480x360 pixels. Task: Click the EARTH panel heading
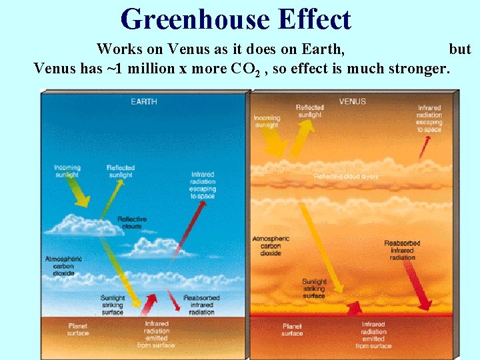click(144, 102)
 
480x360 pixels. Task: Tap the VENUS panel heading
click(352, 102)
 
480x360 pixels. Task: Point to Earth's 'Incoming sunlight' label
click(67, 171)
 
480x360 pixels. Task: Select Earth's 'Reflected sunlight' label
click(121, 171)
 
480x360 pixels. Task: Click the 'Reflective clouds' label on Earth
click(132, 223)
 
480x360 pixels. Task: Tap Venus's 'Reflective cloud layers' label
click(346, 177)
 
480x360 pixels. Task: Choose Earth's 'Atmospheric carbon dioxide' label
click(63, 265)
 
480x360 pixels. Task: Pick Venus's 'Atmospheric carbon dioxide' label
click(271, 245)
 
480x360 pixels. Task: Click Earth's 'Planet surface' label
click(78, 329)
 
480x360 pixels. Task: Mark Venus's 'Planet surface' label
click(292, 329)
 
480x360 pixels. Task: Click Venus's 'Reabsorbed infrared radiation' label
click(402, 250)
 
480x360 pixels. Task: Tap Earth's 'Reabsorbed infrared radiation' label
click(201, 305)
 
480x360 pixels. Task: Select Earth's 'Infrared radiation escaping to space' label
click(203, 185)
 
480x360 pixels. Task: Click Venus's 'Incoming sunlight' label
click(267, 121)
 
